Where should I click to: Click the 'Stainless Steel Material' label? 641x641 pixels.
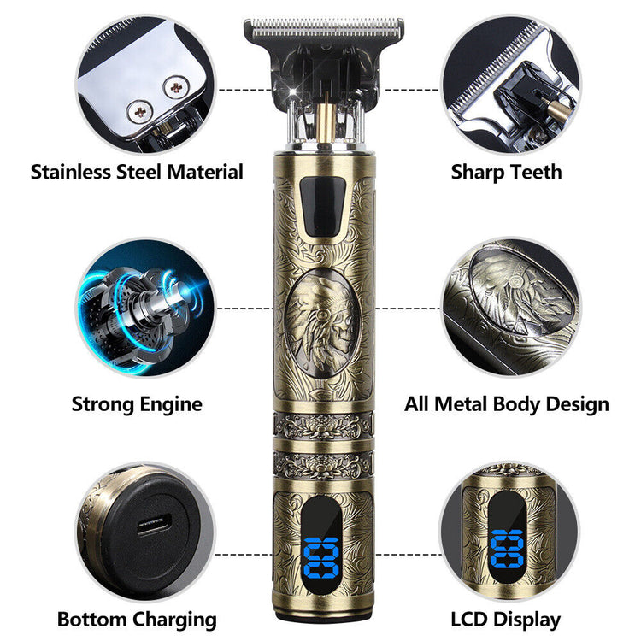(x=137, y=171)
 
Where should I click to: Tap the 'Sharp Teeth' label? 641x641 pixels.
(x=506, y=171)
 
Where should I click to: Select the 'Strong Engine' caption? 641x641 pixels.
(x=137, y=403)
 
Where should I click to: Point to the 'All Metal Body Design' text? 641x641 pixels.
(x=506, y=403)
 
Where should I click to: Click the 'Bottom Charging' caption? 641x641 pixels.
(x=137, y=619)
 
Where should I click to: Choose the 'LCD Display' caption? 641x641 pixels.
(x=508, y=619)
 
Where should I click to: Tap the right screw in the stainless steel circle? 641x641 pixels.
(x=177, y=85)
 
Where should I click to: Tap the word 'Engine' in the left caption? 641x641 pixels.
(x=169, y=403)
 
